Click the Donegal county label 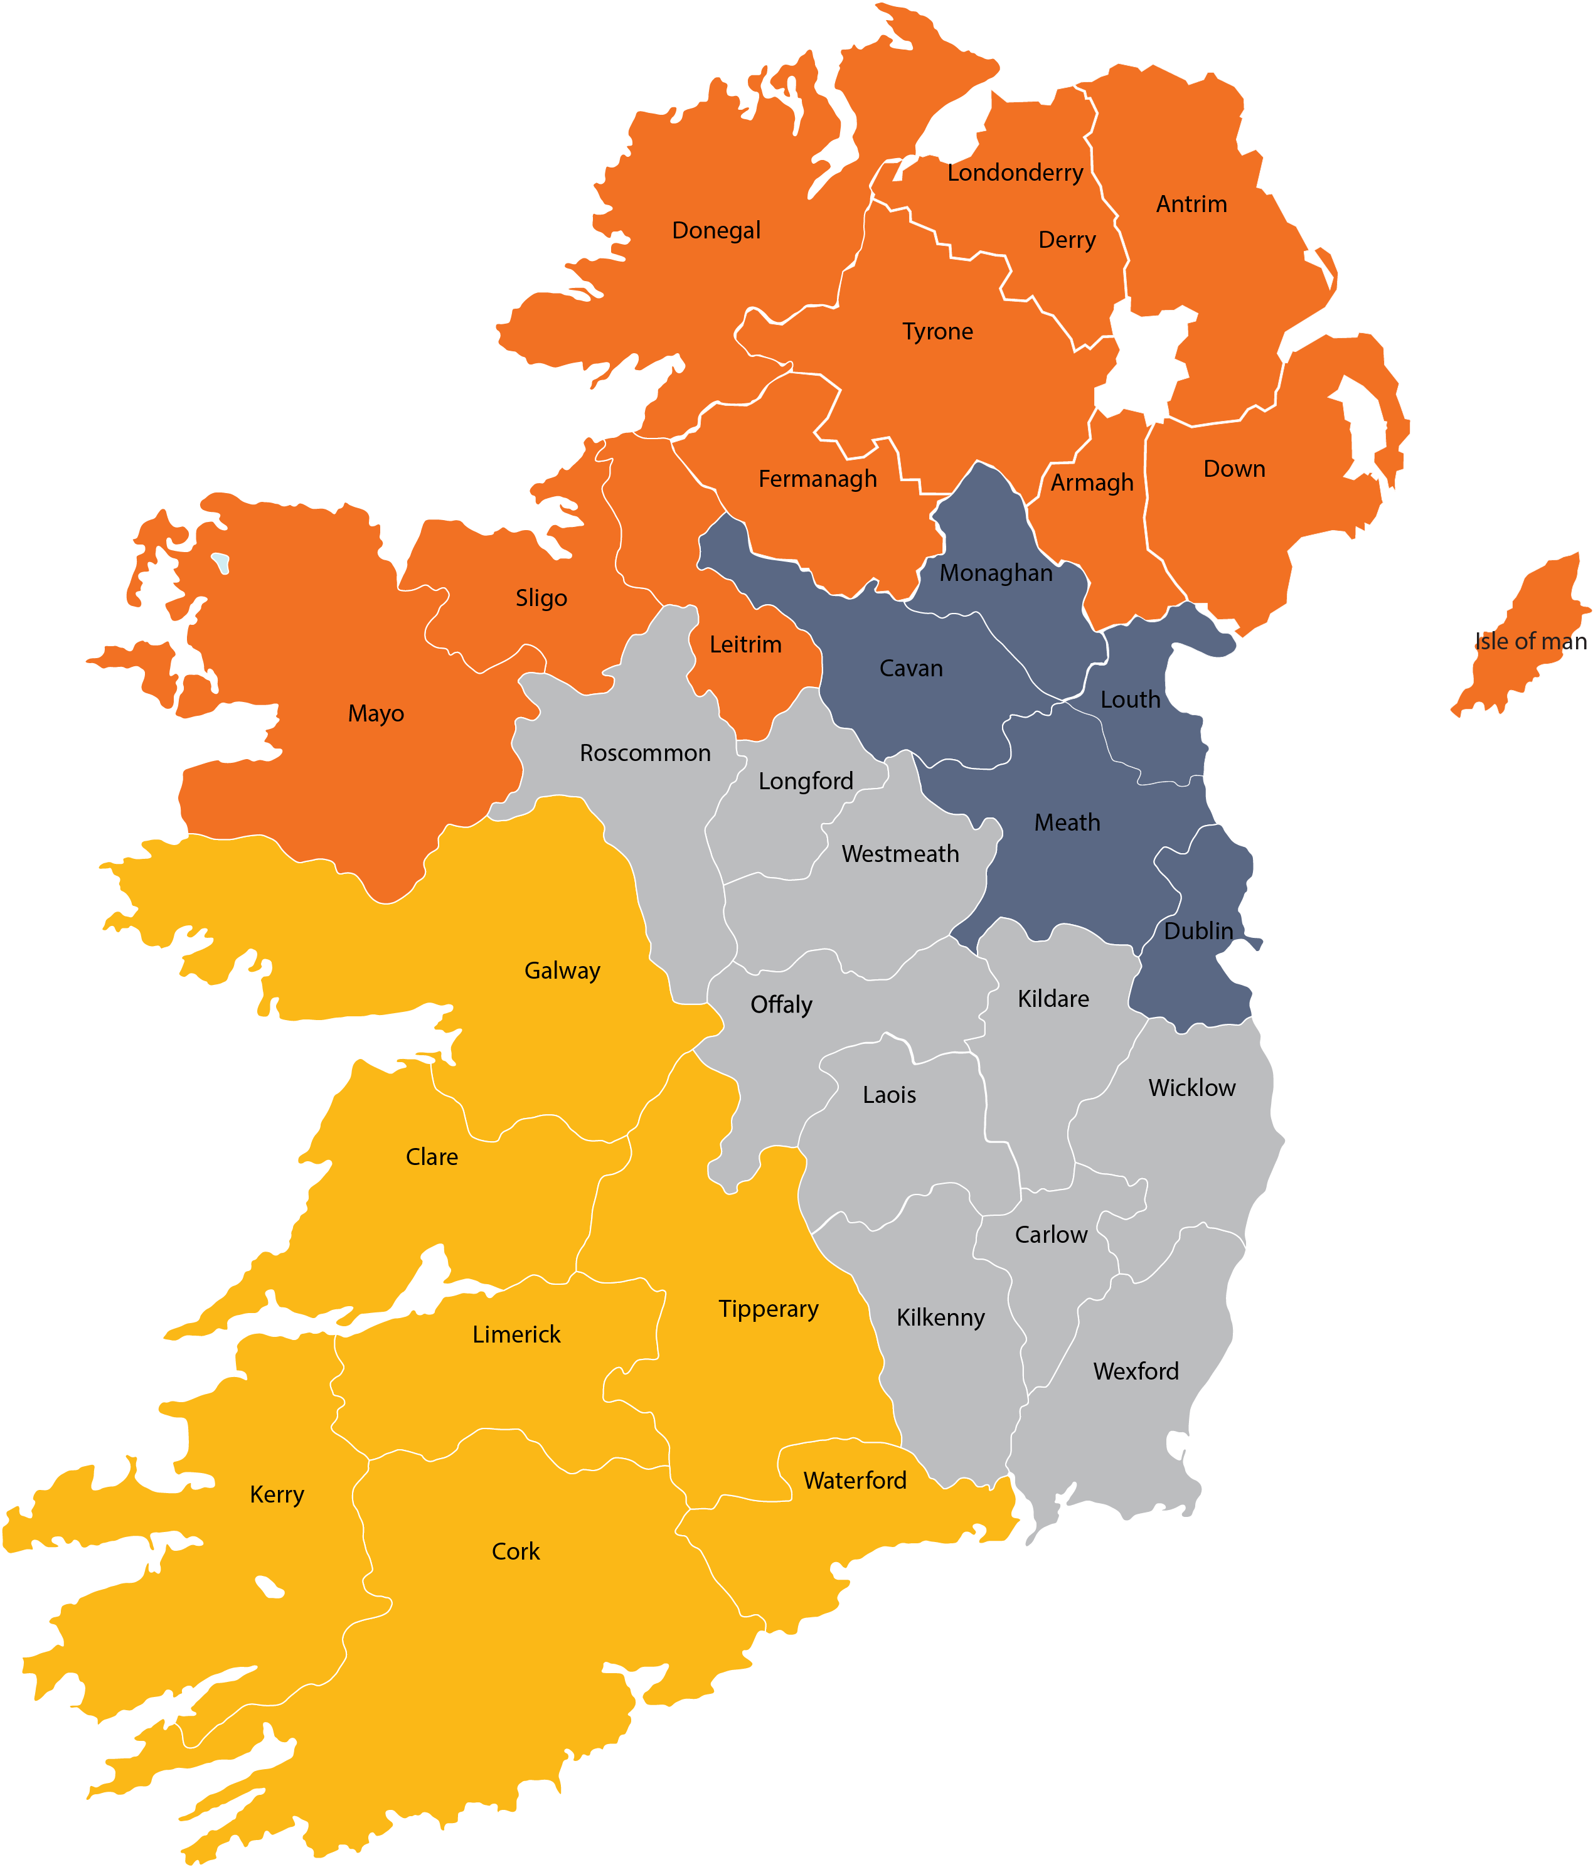point(717,231)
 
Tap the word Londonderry point(1015,173)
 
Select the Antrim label point(1191,205)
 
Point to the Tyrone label point(937,332)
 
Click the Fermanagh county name point(818,479)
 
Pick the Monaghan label point(996,573)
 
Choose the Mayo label point(376,714)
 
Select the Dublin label point(1198,931)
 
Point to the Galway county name point(562,971)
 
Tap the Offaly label point(781,1004)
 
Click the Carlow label point(1050,1235)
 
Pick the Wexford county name point(1135,1371)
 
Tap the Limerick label point(516,1334)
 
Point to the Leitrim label point(745,645)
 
